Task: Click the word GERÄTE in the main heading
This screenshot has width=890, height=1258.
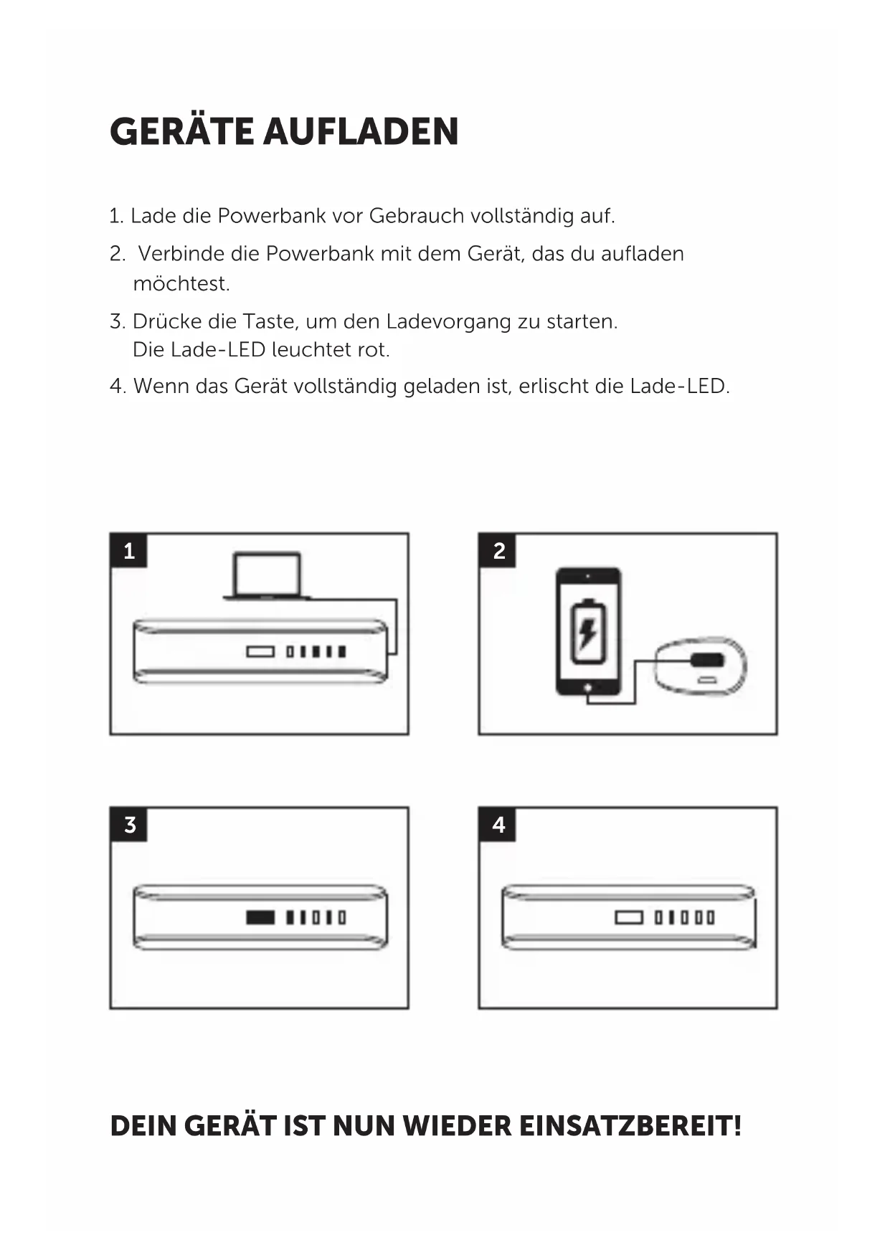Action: click(181, 132)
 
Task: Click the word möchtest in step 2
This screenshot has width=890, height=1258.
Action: click(180, 284)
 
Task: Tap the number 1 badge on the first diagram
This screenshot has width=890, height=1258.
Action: click(129, 551)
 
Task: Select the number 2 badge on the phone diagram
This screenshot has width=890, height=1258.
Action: click(498, 551)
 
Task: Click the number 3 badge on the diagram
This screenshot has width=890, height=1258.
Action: click(129, 825)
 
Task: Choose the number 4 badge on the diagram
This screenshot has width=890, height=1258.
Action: click(498, 825)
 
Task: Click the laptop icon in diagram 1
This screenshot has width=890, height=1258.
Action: click(266, 575)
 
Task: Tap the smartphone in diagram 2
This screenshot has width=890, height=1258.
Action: click(588, 631)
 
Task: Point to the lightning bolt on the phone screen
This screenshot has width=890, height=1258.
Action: click(587, 633)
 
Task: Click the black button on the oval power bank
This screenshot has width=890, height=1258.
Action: click(707, 660)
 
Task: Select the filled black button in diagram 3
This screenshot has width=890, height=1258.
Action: click(260, 917)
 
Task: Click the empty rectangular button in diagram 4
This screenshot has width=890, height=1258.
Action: click(628, 917)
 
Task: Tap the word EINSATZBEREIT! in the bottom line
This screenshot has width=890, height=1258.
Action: click(630, 1126)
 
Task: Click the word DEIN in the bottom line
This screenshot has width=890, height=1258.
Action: click(142, 1126)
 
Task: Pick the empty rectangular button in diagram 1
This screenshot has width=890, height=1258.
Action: click(260, 652)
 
